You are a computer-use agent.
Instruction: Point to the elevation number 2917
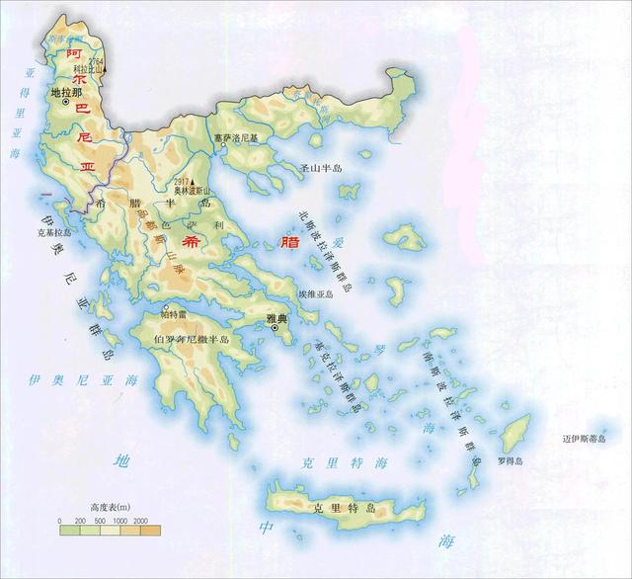(x=179, y=183)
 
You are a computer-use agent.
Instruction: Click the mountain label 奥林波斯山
(x=193, y=191)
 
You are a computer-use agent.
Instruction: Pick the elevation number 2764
(x=97, y=61)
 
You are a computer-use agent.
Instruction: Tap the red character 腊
(x=288, y=240)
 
